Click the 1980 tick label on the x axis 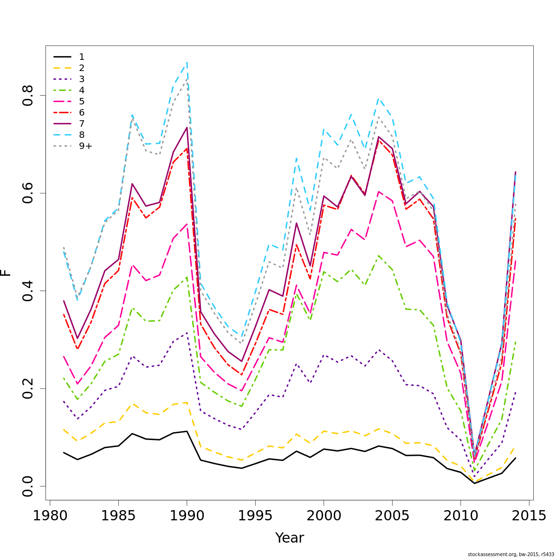[50, 516]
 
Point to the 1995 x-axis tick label [255, 516]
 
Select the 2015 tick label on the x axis [529, 516]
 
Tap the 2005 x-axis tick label [392, 516]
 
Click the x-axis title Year [290, 538]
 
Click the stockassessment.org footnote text [511, 554]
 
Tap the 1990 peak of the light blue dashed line [187, 62]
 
